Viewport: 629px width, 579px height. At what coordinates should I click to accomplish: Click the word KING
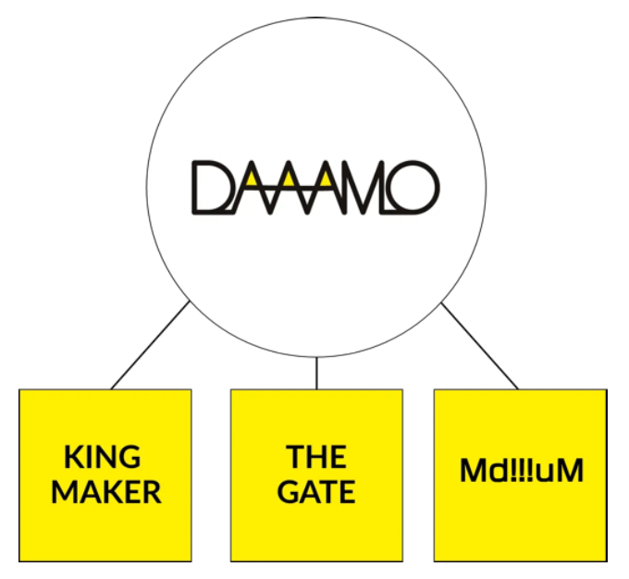103,457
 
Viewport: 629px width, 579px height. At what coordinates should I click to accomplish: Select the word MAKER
105,492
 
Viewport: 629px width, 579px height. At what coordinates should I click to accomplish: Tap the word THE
316,457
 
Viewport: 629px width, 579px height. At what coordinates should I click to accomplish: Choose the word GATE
316,492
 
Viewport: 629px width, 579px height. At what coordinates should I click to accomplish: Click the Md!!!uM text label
522,472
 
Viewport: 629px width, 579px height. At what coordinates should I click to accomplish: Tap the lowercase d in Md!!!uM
494,472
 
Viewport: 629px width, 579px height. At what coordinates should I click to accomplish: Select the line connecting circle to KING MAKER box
151,344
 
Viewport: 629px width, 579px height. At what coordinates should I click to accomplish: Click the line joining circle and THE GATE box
316,373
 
